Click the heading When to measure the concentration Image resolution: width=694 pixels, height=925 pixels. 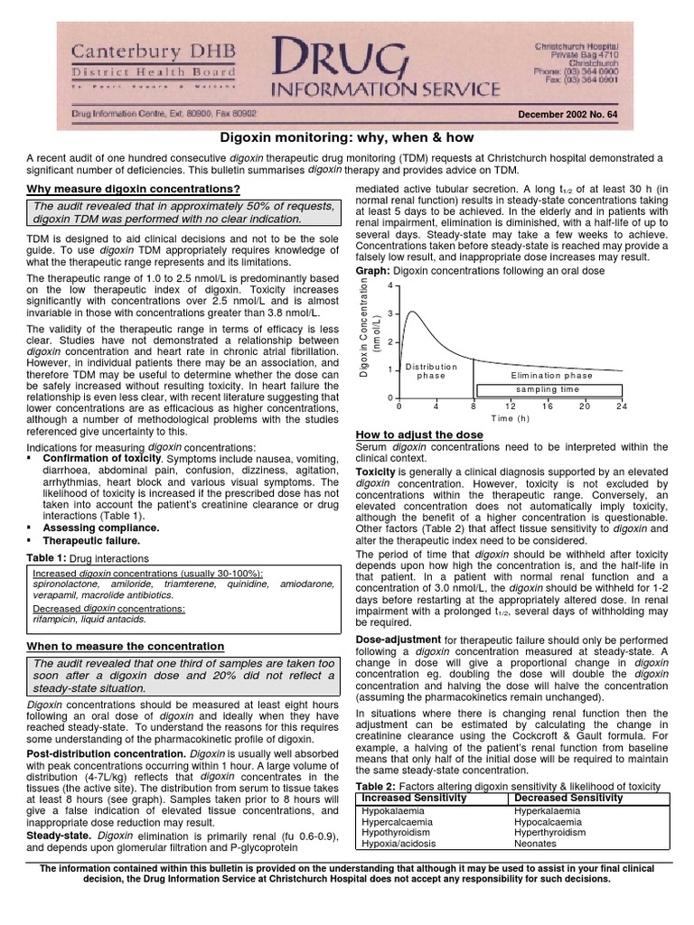[x=126, y=647]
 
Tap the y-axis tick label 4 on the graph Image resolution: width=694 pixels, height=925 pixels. [x=389, y=286]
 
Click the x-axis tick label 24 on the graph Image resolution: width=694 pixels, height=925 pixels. [x=622, y=406]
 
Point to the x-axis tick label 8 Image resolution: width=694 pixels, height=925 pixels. [x=473, y=406]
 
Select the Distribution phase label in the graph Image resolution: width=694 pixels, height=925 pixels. [x=431, y=371]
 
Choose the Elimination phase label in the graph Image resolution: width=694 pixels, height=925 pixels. [x=551, y=375]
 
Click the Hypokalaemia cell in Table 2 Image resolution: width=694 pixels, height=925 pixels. [x=393, y=811]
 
